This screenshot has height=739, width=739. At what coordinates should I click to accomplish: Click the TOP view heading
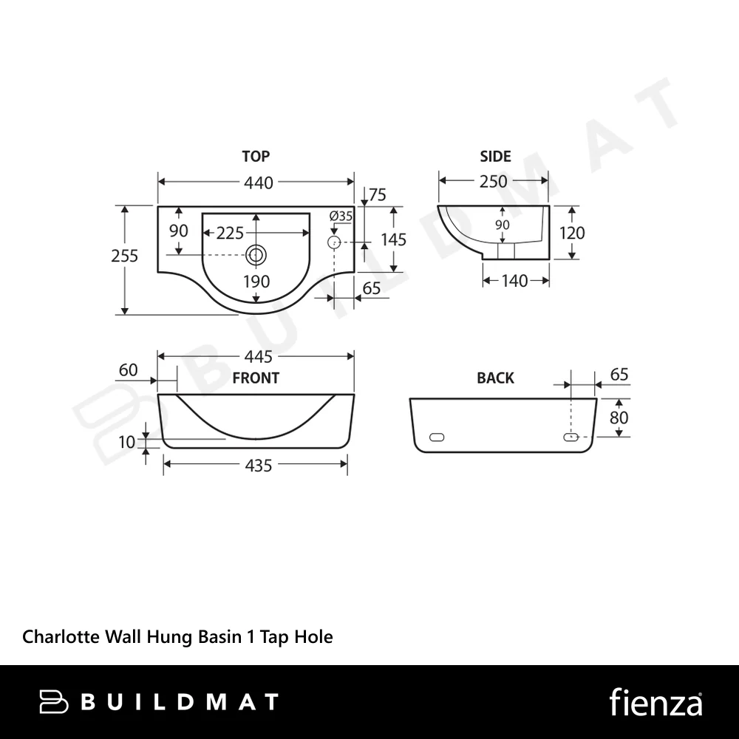(x=256, y=156)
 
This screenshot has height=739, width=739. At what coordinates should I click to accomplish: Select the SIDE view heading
(x=495, y=156)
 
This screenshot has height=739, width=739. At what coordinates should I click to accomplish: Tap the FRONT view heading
(x=256, y=378)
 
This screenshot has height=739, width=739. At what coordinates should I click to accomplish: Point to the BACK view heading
(x=495, y=378)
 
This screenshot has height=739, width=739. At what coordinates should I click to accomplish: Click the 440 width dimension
(x=258, y=183)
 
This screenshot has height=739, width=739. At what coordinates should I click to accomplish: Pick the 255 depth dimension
(x=124, y=256)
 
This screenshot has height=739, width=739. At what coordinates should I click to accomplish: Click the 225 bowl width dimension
(x=230, y=233)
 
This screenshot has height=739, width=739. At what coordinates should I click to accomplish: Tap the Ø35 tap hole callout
(x=341, y=217)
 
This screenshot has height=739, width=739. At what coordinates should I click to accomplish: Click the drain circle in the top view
(x=256, y=255)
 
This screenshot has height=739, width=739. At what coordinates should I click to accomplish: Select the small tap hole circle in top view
(x=334, y=242)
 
